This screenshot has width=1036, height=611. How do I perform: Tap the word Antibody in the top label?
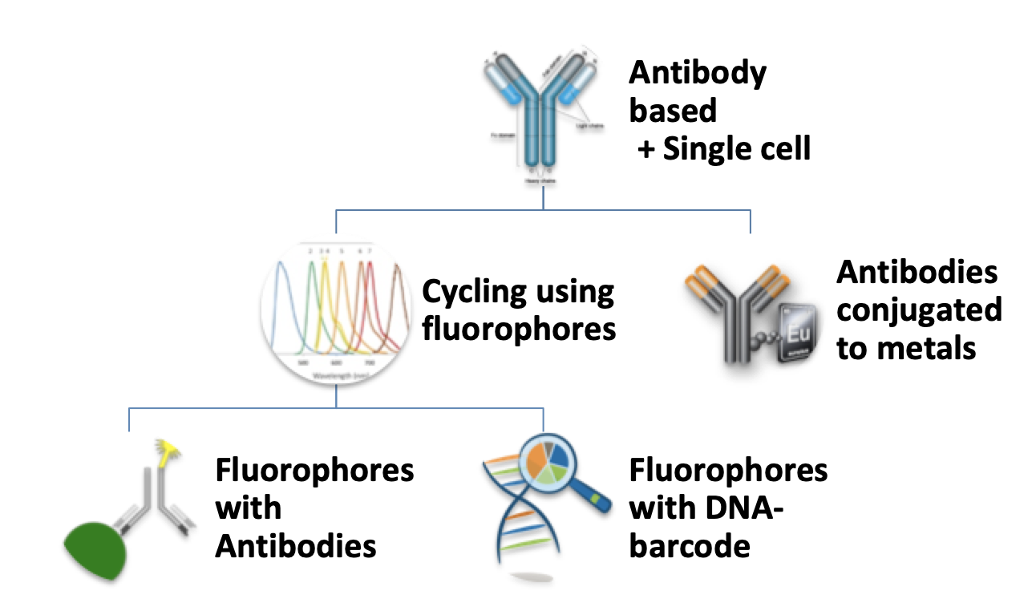698,73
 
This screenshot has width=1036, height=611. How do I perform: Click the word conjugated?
919,310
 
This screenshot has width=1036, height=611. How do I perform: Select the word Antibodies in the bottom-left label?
296,546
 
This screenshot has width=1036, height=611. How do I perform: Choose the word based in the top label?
672,111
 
